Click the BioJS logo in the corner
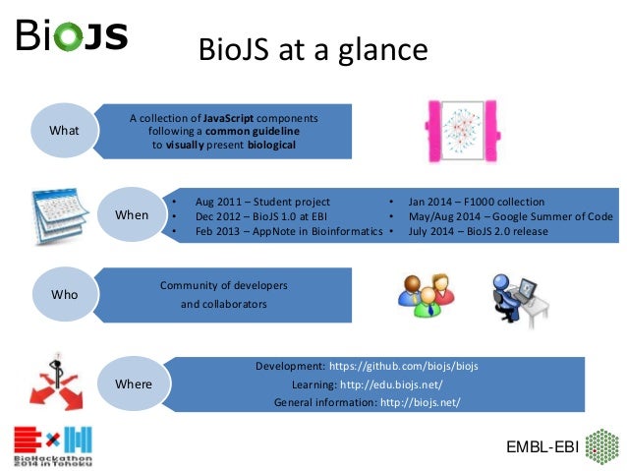coord(71,36)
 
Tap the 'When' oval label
coord(132,214)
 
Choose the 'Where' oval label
coord(134,383)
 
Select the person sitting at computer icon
coord(514,294)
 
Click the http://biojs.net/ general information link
coord(420,403)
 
